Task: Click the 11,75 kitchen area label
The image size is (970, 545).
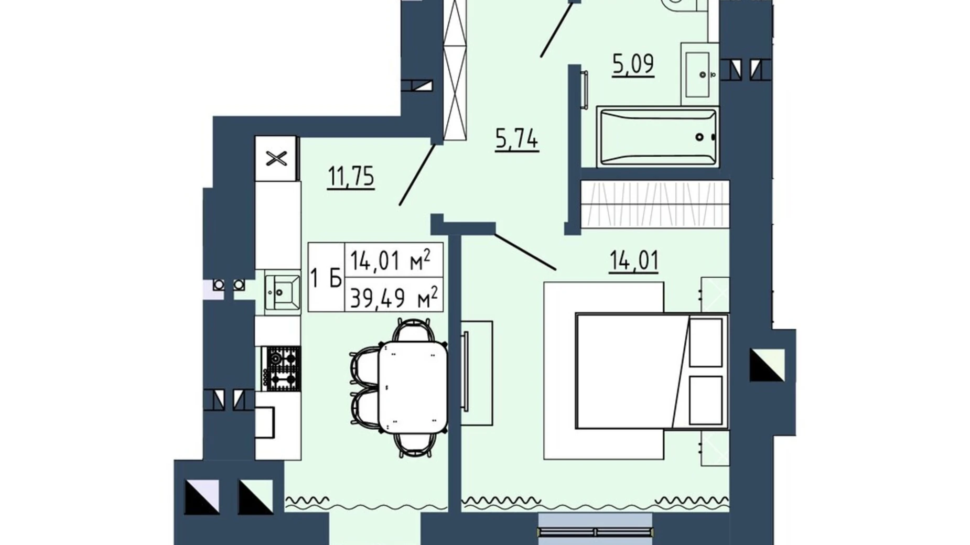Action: coord(351,177)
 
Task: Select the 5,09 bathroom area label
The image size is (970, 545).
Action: coord(633,64)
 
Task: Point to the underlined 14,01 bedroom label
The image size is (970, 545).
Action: coord(634,261)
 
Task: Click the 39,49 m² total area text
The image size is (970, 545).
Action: coord(394,298)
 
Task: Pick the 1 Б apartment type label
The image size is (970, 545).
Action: coord(326,278)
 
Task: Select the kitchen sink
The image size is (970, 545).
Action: coord(282,292)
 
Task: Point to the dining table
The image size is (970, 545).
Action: coord(413,387)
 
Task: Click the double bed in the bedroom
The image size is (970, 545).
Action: coord(652,371)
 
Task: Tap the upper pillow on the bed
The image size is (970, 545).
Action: coord(706,342)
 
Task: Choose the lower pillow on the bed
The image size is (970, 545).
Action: coord(706,400)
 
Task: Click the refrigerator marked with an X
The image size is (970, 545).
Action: coord(276,158)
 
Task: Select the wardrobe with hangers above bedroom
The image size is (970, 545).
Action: coord(655,204)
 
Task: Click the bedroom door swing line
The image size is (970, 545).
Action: coord(525,252)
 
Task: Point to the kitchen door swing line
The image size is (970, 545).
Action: coord(417,175)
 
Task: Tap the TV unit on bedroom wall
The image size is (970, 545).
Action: coord(477,373)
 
